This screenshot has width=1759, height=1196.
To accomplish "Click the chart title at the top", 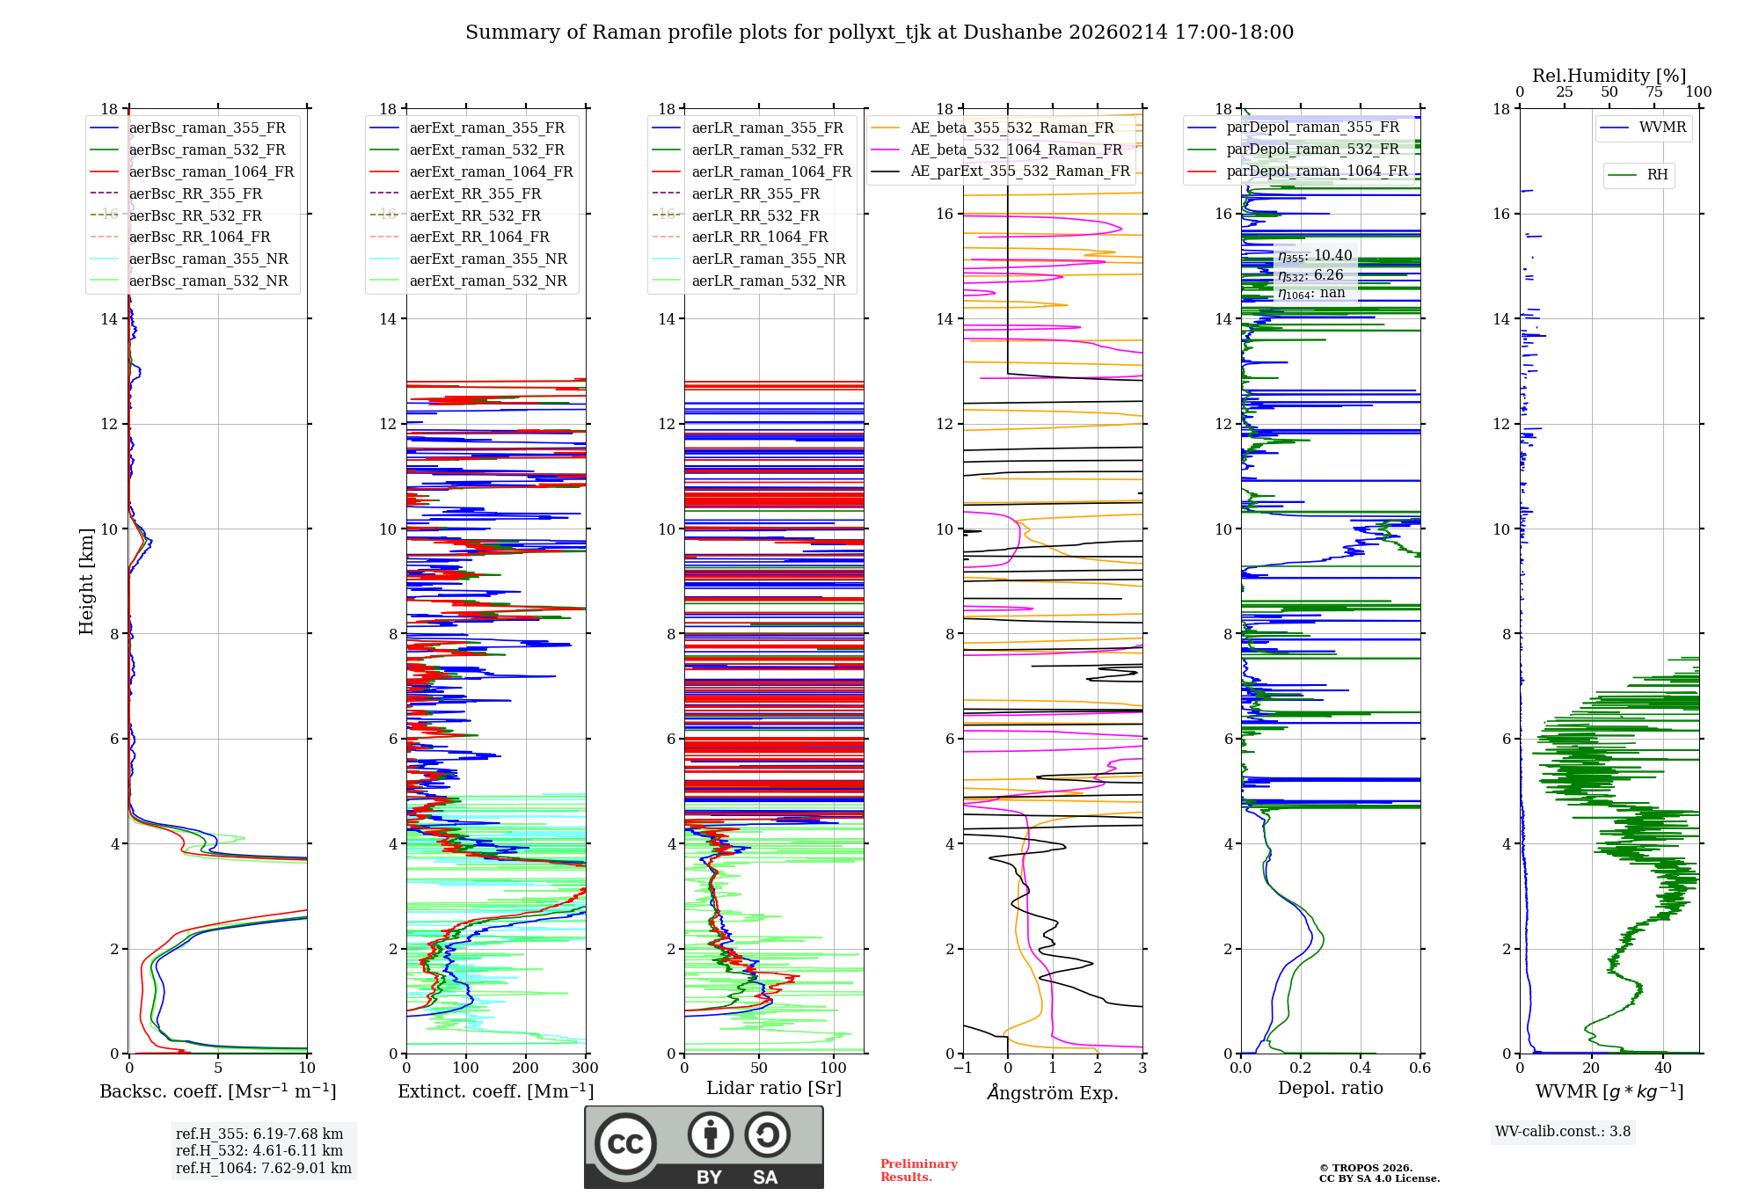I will [x=879, y=33].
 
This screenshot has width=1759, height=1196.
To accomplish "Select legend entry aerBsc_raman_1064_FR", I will [x=211, y=172].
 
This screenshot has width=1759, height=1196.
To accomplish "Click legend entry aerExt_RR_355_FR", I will [x=475, y=194].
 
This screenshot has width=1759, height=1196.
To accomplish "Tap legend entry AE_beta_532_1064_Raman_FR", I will [x=1016, y=150].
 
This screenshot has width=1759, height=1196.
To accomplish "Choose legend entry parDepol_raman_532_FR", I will [x=1312, y=149].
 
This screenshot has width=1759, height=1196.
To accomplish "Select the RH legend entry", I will [x=1657, y=175].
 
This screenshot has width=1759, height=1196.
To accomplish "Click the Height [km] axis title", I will [x=86, y=581].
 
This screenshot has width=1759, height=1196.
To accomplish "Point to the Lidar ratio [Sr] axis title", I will [x=774, y=1089].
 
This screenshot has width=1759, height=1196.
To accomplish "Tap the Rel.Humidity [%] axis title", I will [x=1609, y=76].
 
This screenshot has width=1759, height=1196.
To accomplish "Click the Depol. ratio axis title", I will [x=1330, y=1089].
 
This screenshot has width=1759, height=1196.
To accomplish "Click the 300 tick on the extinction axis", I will [x=585, y=1068].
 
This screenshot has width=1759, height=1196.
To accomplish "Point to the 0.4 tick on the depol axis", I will [x=1361, y=1068].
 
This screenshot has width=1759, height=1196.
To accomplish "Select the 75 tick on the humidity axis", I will [x=1654, y=92].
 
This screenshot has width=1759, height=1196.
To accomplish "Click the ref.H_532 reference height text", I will [x=259, y=1151].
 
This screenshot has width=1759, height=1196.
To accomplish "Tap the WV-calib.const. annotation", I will [x=1562, y=1132].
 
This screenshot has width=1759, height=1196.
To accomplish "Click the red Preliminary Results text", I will [x=918, y=1170].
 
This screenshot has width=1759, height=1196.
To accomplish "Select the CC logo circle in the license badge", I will [x=625, y=1144].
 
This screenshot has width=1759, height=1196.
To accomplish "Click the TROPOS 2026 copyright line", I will [x=1365, y=1168].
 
